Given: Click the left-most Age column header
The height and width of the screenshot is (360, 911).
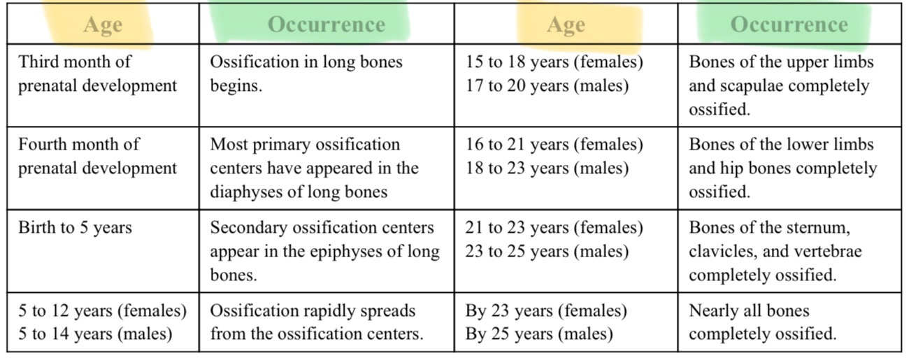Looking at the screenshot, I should tap(102, 24).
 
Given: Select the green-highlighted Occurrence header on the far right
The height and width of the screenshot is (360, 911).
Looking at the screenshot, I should tap(789, 24).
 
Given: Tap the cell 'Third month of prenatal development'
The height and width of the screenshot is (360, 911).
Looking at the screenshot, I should tap(97, 73).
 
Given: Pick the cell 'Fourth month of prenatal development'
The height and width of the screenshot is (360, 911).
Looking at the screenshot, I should tap(97, 156).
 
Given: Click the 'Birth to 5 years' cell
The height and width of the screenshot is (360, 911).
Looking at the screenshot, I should tap(75, 228).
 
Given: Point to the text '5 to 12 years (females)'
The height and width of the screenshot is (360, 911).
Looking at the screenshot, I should tap(102, 310).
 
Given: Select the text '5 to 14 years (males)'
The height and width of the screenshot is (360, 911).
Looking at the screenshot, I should tap(95, 334).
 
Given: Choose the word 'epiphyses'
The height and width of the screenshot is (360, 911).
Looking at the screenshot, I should tap(355, 252).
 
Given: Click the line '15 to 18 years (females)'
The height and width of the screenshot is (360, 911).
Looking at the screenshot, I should tap(554, 62).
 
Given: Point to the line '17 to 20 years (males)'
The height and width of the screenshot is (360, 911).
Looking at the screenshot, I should tap(547, 85).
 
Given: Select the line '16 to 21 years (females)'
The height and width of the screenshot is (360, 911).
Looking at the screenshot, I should tap(554, 144).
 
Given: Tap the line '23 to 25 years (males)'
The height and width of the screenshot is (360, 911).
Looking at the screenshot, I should tap(547, 252).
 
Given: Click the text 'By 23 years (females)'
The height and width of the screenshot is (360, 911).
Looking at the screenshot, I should tap(546, 310).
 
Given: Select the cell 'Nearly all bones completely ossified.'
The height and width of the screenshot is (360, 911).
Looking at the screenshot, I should tap(762, 322).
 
